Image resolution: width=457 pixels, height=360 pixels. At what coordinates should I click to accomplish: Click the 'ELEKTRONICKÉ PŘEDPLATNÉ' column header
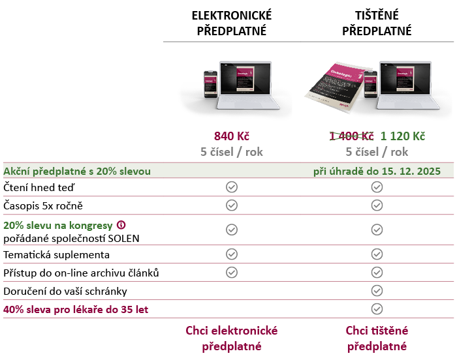click(x=232, y=23)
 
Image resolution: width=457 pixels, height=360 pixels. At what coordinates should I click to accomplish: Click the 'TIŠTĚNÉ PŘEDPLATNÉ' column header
click(x=377, y=23)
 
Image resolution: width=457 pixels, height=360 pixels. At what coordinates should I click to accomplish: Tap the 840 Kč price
click(x=232, y=136)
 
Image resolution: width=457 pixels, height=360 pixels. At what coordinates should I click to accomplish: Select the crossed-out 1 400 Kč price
click(x=351, y=136)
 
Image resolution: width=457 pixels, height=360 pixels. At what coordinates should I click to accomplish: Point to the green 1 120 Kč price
click(x=403, y=136)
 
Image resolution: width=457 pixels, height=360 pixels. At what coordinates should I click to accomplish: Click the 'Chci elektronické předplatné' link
click(x=232, y=338)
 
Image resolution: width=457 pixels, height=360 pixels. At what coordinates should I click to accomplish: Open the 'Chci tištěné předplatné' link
click(x=377, y=338)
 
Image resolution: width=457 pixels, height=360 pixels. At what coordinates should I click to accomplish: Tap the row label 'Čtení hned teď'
click(x=39, y=188)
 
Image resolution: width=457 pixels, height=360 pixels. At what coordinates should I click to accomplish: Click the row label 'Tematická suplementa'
click(x=57, y=254)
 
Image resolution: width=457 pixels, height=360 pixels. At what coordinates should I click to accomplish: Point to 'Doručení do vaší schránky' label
click(x=65, y=291)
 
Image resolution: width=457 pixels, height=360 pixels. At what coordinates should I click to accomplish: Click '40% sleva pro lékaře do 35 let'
click(x=76, y=309)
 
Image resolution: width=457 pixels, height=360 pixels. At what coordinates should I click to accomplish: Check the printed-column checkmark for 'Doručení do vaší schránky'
click(x=377, y=291)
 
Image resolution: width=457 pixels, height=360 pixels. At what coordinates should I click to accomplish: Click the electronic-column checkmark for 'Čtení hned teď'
click(x=231, y=187)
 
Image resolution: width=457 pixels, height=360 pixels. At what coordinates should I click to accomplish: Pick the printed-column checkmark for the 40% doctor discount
click(x=377, y=309)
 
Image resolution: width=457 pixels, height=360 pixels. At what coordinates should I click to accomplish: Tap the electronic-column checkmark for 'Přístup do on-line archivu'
click(x=231, y=273)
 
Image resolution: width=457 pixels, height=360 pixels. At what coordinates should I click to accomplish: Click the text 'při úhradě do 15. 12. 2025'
click(x=377, y=171)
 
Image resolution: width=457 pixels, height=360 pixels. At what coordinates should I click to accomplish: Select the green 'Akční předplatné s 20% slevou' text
click(x=77, y=171)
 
